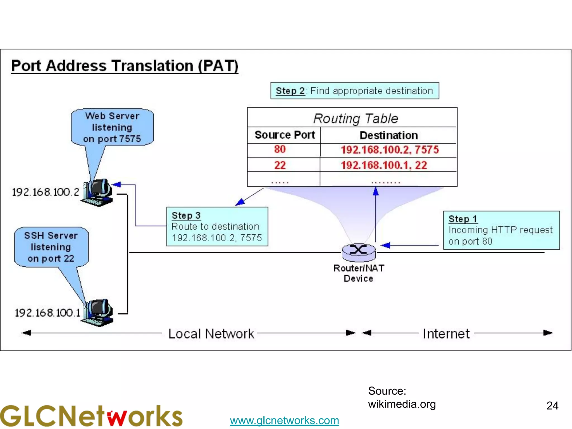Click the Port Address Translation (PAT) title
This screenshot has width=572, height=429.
tap(125, 66)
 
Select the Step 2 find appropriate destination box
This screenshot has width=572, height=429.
tap(354, 91)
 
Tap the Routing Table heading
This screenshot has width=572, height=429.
tap(355, 118)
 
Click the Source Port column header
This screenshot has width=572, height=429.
tap(285, 135)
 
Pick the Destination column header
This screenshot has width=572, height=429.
tap(389, 135)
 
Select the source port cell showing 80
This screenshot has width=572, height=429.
tap(280, 149)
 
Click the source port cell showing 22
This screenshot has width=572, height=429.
tap(280, 165)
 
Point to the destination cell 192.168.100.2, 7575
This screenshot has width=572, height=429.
tap(390, 150)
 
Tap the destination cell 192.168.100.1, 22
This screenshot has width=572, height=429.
tap(384, 165)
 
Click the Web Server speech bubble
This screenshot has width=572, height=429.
tap(112, 127)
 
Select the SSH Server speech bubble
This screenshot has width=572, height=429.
tap(51, 247)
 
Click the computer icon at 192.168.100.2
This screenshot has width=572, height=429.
tap(98, 192)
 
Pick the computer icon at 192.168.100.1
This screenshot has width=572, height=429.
tap(98, 312)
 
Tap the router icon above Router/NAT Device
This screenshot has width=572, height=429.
tap(359, 251)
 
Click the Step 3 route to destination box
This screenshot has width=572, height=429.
tap(217, 227)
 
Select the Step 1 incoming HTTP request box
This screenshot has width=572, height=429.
tap(501, 230)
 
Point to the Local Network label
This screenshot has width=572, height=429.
tap(211, 334)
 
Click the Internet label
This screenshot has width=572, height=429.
tap(446, 334)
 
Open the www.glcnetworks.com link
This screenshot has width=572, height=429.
tap(284, 420)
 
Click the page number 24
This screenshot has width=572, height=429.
tap(552, 406)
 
